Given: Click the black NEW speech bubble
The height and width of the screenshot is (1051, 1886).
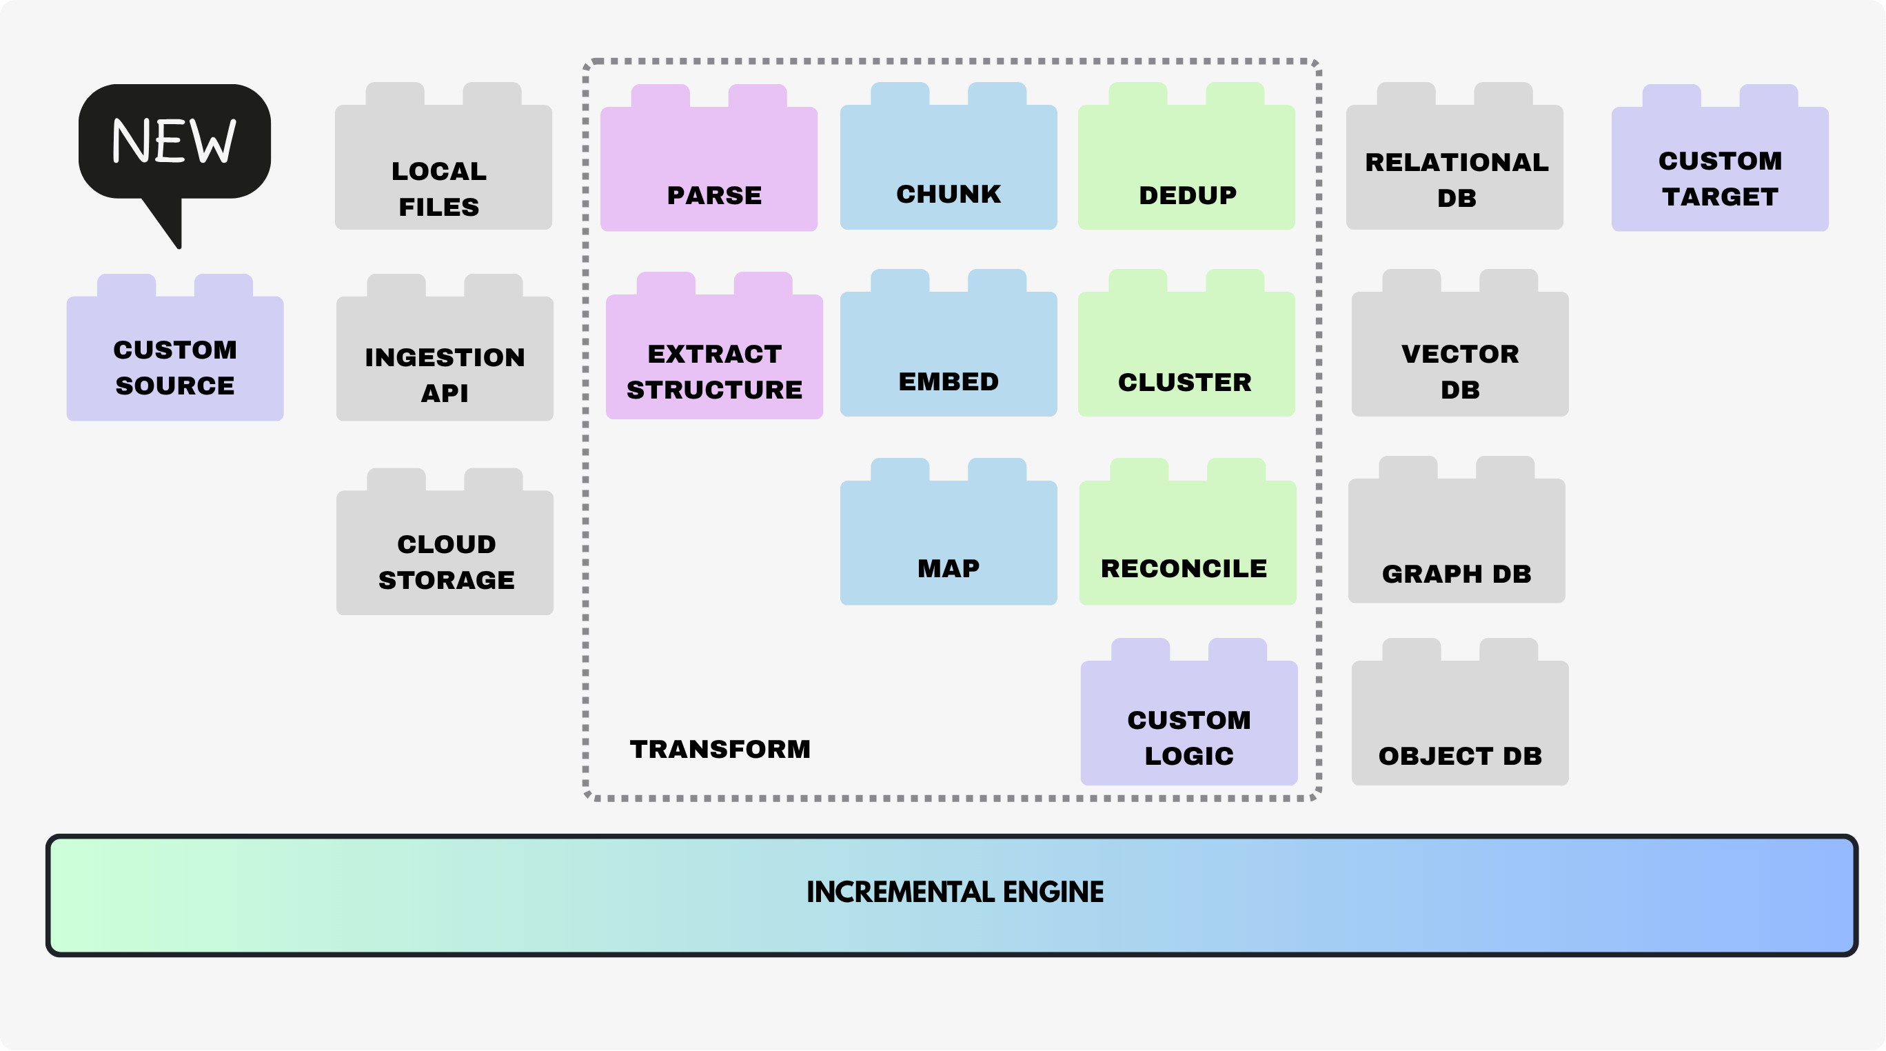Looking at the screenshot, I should (174, 143).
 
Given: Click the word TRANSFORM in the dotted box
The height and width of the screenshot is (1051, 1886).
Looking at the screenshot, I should (720, 749).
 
